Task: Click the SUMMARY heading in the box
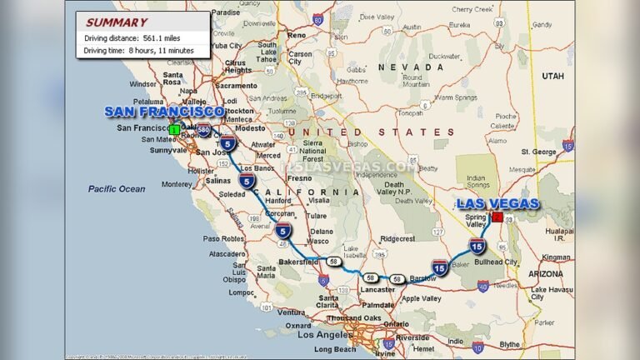(x=117, y=22)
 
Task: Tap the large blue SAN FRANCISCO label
(x=164, y=112)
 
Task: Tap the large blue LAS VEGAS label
(x=498, y=203)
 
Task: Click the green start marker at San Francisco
(x=174, y=129)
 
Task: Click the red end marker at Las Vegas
(x=497, y=217)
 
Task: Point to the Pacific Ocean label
(x=117, y=189)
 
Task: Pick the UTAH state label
(x=552, y=76)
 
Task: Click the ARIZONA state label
(x=546, y=273)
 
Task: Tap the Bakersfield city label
(x=297, y=262)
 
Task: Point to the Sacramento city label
(x=236, y=86)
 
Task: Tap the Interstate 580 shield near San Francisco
(x=203, y=129)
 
